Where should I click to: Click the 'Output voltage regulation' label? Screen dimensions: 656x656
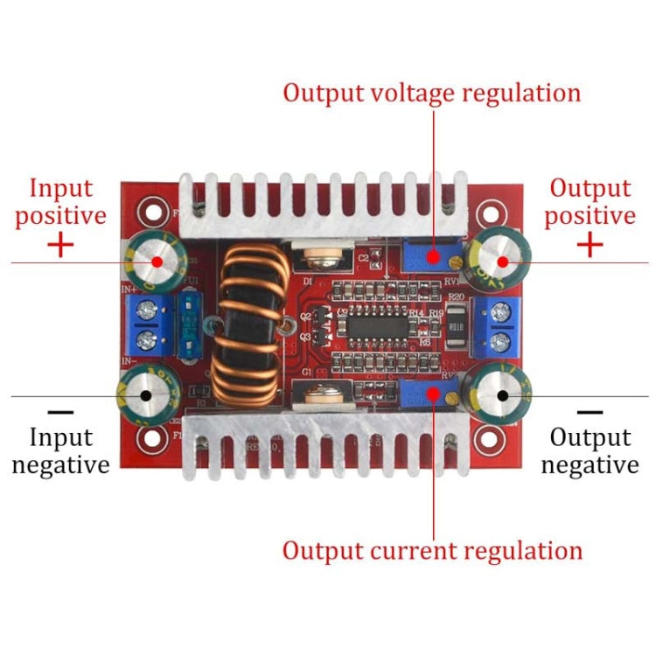431,93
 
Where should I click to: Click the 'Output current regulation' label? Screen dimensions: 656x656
431,550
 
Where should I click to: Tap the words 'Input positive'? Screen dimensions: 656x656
60,201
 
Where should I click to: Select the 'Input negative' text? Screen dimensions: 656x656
60,450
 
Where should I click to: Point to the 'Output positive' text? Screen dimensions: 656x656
590,201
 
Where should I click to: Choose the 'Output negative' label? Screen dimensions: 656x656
590,450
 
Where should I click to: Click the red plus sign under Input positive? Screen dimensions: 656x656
60,245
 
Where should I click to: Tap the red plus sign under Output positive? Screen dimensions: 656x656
590,245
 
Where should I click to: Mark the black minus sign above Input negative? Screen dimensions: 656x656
60,410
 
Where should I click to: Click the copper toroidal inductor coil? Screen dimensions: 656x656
248,325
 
